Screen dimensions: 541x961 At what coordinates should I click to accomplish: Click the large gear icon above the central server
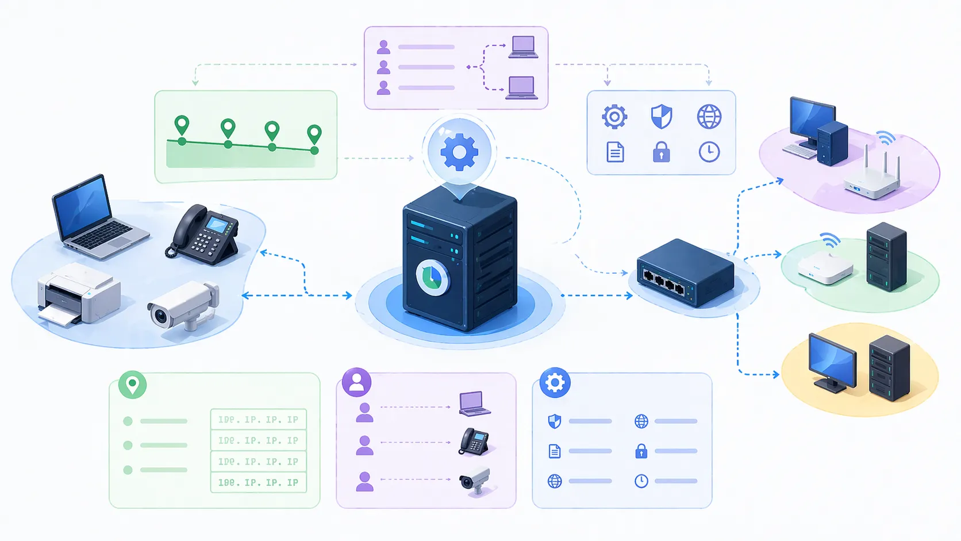tap(459, 152)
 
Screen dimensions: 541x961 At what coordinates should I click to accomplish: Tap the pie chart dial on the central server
tap(432, 277)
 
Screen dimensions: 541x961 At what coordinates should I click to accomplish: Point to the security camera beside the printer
tap(183, 305)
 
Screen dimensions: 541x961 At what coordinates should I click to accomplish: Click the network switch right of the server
tap(685, 273)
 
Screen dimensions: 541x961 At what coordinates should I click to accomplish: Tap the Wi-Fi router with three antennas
tap(872, 178)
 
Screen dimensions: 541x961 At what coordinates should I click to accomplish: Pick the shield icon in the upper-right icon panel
tap(661, 117)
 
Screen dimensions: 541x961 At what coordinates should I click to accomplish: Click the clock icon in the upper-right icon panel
tap(709, 152)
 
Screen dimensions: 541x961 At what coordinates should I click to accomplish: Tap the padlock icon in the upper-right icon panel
tap(661, 152)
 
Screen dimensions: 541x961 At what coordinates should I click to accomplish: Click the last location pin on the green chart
tap(314, 135)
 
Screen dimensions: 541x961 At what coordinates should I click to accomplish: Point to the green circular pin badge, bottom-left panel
tap(132, 384)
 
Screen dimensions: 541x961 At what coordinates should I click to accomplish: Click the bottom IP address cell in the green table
tap(258, 482)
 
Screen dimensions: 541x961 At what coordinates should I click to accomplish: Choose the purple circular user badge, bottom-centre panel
tap(356, 382)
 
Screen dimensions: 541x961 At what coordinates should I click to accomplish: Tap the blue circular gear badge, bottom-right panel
tap(555, 382)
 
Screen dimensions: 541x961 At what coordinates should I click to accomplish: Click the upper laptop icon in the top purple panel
tap(523, 47)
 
